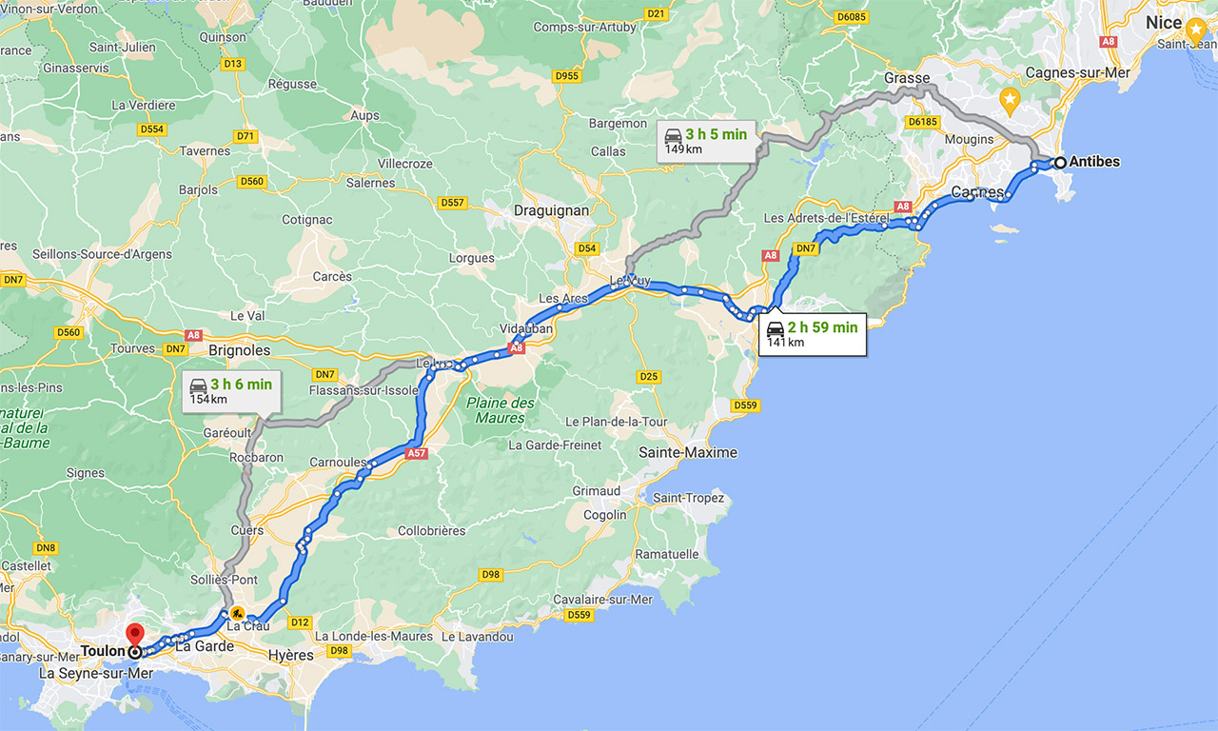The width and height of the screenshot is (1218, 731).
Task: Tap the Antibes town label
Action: [1094, 162]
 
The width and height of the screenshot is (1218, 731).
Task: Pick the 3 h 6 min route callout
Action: [229, 391]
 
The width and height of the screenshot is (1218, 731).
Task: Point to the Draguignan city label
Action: [551, 210]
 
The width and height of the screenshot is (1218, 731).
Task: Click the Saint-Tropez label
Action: [688, 498]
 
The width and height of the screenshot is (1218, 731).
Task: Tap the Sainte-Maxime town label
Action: [688, 452]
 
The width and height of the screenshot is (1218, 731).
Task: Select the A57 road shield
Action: [416, 453]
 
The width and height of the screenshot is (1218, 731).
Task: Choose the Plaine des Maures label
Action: [501, 410]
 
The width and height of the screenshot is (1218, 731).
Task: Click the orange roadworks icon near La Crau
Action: [236, 614]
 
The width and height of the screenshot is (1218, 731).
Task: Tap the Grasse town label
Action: [906, 78]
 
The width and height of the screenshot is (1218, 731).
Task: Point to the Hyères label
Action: [291, 655]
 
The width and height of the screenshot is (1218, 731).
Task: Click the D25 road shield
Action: [648, 377]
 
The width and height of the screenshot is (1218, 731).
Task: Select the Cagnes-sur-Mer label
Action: [1078, 72]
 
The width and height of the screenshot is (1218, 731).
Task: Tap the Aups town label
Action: [364, 115]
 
